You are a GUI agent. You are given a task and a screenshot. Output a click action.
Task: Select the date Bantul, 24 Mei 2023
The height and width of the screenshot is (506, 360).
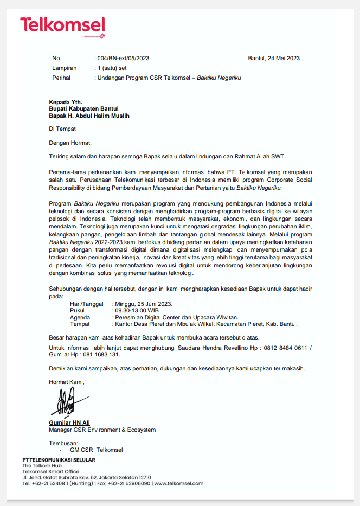point(274,59)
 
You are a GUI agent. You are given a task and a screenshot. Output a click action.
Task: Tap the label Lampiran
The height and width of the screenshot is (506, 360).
point(64,68)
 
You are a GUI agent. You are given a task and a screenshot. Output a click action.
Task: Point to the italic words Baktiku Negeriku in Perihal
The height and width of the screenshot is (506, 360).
point(218,78)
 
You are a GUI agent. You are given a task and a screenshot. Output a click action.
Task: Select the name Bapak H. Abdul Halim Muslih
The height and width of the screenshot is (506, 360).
point(89,116)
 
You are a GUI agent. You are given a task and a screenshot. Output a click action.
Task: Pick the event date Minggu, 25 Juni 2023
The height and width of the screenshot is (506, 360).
point(144,304)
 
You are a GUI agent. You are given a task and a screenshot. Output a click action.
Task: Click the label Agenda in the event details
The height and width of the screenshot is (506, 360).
point(80,317)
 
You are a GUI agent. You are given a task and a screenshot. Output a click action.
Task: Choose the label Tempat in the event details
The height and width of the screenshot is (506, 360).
point(80,324)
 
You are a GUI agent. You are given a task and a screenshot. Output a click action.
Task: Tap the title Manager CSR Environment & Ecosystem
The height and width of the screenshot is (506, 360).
point(102,430)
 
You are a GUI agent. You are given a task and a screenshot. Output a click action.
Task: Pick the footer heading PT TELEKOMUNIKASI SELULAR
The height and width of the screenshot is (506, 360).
point(59,460)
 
